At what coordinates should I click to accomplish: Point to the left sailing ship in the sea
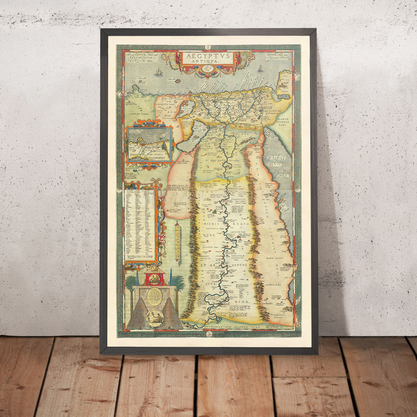[159, 72]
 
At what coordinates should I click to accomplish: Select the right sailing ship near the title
[260, 69]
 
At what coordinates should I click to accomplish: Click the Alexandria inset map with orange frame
[149, 143]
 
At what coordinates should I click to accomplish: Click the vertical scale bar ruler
[177, 241]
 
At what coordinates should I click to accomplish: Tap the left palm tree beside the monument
[132, 282]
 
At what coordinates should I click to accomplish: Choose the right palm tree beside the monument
[178, 282]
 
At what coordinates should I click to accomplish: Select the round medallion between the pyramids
[154, 318]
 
